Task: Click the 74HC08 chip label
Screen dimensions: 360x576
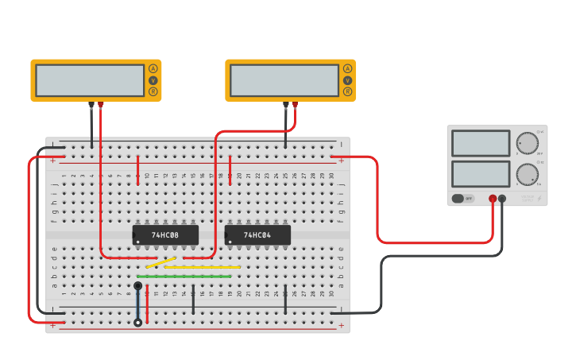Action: pos(165,235)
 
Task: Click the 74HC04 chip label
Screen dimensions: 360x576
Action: pos(257,235)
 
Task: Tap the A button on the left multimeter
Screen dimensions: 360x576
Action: pos(153,69)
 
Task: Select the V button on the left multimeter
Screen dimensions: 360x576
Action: pos(153,80)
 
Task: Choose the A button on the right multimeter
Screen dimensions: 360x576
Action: pos(347,69)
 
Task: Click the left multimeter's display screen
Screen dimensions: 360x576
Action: pos(90,80)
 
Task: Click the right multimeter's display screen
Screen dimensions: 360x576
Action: pos(284,80)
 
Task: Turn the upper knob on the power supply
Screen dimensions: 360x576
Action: pos(527,143)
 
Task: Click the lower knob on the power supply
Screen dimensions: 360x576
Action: pos(527,174)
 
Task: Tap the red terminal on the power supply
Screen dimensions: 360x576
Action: pos(493,199)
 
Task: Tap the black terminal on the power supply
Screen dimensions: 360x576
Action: pos(502,199)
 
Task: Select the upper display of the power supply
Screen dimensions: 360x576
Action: pos(481,143)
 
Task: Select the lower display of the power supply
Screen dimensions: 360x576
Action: pos(481,174)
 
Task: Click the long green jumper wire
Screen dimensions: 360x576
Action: pos(184,277)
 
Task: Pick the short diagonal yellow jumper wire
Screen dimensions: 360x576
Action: pos(161,262)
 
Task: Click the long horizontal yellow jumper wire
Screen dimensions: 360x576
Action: pos(203,267)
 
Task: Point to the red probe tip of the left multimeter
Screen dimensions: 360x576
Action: pos(101,105)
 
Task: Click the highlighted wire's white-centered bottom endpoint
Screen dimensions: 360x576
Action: pos(138,323)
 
